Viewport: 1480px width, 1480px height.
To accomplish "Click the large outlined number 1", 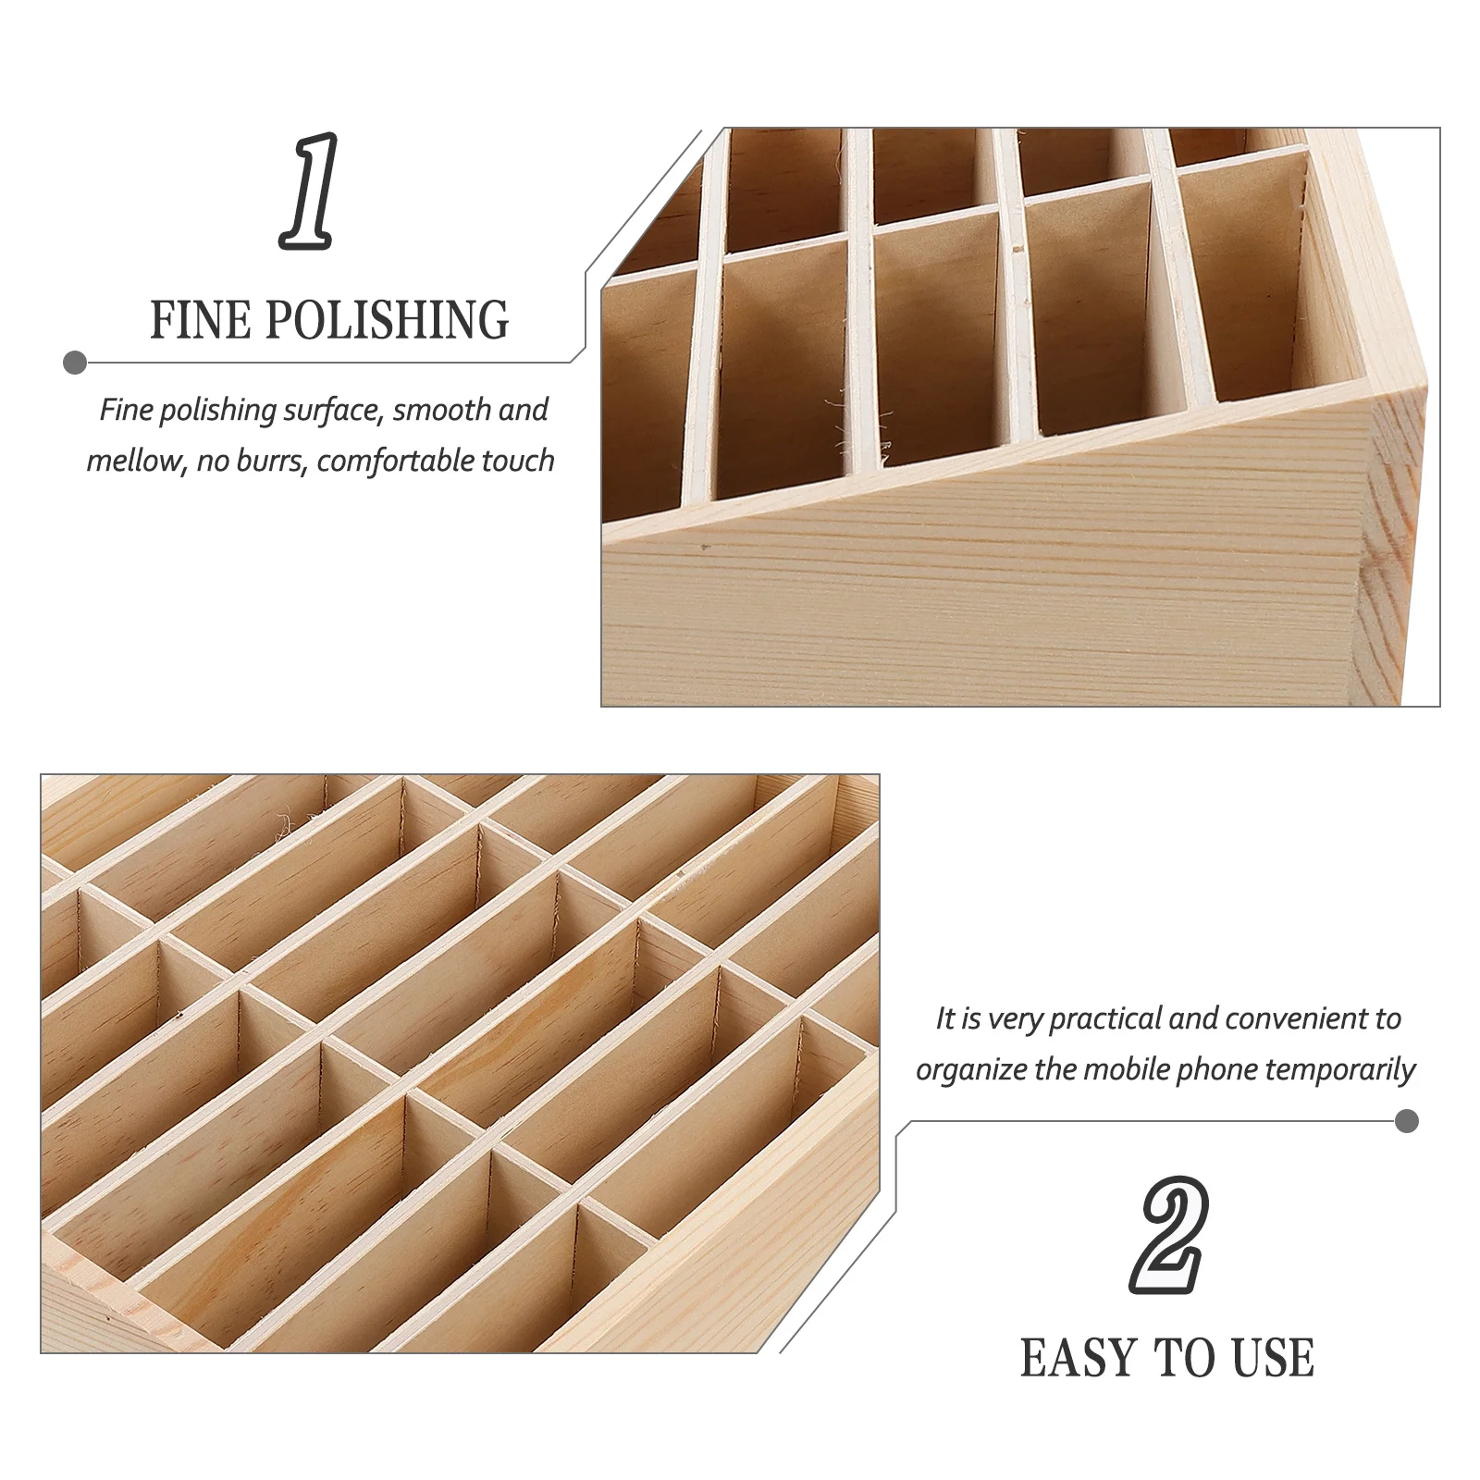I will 308,191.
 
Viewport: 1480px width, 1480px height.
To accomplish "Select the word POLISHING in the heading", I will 388,320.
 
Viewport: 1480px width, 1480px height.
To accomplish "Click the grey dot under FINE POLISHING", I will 75,363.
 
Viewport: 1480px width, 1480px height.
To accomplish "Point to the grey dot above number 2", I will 1406,1122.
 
